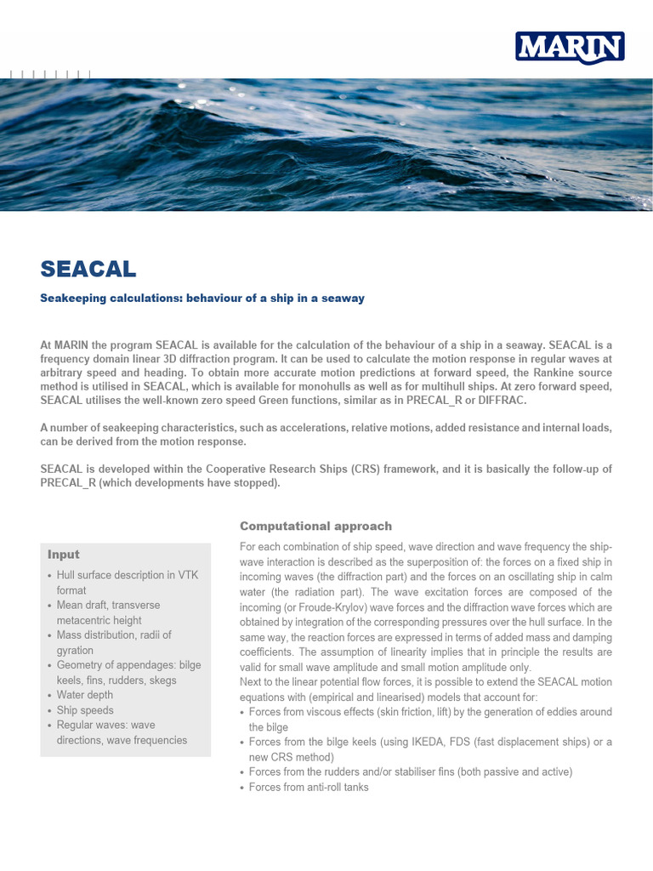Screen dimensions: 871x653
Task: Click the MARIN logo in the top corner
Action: click(570, 48)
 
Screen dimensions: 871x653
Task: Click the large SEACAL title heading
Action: click(88, 269)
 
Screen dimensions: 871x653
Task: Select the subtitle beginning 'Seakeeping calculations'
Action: click(202, 299)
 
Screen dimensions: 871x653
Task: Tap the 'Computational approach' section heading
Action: click(315, 526)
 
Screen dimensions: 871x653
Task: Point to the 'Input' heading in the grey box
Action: click(64, 555)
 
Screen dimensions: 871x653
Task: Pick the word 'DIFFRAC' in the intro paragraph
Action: click(503, 400)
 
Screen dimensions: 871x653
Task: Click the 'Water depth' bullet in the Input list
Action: click(86, 695)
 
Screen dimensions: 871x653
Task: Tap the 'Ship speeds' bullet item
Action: click(85, 710)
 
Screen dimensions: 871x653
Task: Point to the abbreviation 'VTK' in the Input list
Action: click(188, 575)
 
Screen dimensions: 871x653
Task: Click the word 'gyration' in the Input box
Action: click(75, 650)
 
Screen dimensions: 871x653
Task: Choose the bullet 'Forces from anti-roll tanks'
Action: click(308, 788)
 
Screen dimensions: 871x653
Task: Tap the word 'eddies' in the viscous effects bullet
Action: click(565, 712)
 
